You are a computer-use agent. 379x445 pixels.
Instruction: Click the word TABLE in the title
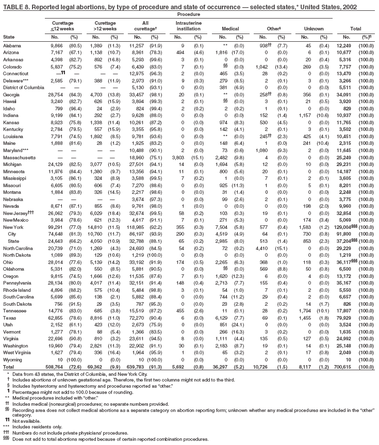tap(13, 5)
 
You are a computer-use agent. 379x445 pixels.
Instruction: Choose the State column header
tap(9, 37)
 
